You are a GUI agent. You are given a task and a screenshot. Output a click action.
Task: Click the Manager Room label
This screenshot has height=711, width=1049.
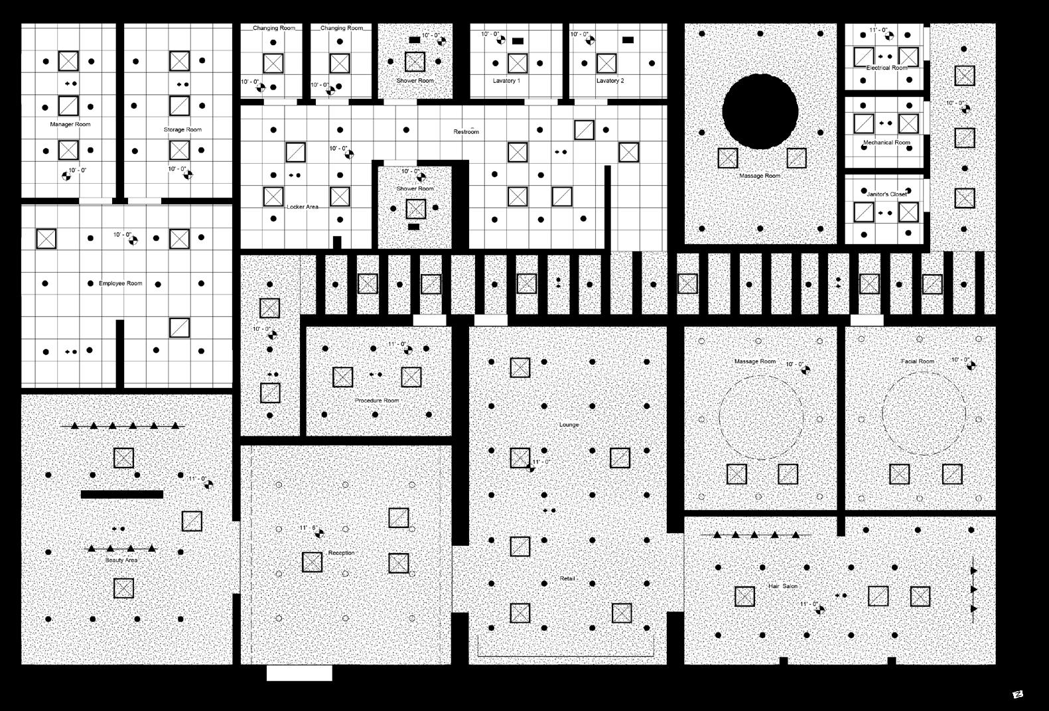pyautogui.click(x=70, y=125)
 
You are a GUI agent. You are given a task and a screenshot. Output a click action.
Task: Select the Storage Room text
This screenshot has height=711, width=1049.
pyautogui.click(x=182, y=130)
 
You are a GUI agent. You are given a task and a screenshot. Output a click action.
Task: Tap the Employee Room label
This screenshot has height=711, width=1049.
pyautogui.click(x=120, y=284)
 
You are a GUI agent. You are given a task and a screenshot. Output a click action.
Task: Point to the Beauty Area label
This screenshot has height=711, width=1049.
pyautogui.click(x=121, y=560)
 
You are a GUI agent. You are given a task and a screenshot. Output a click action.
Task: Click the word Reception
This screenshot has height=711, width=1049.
pyautogui.click(x=341, y=553)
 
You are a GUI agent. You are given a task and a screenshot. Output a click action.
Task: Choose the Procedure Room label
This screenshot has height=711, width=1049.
pyautogui.click(x=377, y=401)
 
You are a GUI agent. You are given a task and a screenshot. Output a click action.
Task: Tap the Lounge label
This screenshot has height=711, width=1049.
pyautogui.click(x=569, y=425)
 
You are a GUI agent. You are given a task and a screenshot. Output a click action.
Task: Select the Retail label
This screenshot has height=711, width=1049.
pyautogui.click(x=567, y=579)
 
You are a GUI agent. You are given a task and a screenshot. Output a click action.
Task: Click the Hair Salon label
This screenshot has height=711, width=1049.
pyautogui.click(x=783, y=587)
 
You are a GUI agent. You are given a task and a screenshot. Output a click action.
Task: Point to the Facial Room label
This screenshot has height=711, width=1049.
pyautogui.click(x=918, y=361)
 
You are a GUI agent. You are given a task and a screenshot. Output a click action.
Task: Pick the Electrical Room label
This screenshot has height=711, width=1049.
pyautogui.click(x=886, y=68)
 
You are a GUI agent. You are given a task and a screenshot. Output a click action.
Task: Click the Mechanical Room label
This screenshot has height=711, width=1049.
pyautogui.click(x=886, y=143)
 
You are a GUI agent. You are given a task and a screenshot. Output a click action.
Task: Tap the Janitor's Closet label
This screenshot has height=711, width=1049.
pyautogui.click(x=886, y=194)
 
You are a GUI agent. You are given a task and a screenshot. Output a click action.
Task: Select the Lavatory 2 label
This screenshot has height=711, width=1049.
pyautogui.click(x=610, y=81)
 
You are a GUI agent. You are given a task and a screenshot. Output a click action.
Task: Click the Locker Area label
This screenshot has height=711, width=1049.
pyautogui.click(x=303, y=207)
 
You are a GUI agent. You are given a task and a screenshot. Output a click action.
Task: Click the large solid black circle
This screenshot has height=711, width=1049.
pyautogui.click(x=760, y=111)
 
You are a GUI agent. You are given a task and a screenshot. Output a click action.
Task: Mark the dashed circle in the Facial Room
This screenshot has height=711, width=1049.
pyautogui.click(x=924, y=413)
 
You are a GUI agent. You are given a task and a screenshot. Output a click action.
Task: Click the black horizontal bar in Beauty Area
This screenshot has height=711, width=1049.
pyautogui.click(x=122, y=494)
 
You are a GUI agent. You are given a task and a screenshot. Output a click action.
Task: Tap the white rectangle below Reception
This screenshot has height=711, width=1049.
pyautogui.click(x=299, y=673)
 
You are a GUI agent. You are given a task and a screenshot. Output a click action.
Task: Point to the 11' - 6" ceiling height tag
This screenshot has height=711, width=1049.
pyautogui.click(x=309, y=529)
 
